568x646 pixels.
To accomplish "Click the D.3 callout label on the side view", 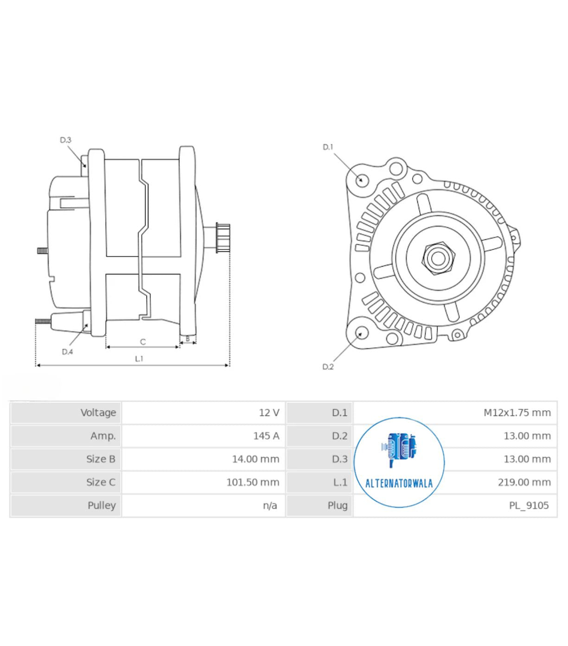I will [x=65, y=140].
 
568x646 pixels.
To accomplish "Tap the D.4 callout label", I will [x=67, y=352].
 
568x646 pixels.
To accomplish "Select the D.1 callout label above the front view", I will [x=328, y=147].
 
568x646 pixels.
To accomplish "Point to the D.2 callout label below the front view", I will [x=328, y=367].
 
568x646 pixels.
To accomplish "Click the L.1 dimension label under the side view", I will [x=139, y=358].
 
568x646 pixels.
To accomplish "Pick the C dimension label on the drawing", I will [x=143, y=342].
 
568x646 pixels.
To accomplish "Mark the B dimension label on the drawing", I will [x=188, y=339].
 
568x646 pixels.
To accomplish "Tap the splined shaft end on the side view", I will [x=223, y=238].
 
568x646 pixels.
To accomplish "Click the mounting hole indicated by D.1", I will [x=362, y=179].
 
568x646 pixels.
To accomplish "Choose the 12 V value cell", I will [x=269, y=413].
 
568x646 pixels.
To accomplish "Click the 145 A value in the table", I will [x=266, y=436].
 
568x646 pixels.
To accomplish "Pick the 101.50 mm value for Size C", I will [x=253, y=482].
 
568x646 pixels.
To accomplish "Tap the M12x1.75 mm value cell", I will [x=517, y=413].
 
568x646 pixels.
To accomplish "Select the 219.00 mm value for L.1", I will [x=524, y=482].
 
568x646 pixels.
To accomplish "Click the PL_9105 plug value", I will [x=529, y=505].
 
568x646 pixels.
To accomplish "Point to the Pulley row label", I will [x=102, y=505].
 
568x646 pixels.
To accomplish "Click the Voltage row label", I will [x=98, y=413].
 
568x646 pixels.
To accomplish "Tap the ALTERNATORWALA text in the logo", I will [x=399, y=483].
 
